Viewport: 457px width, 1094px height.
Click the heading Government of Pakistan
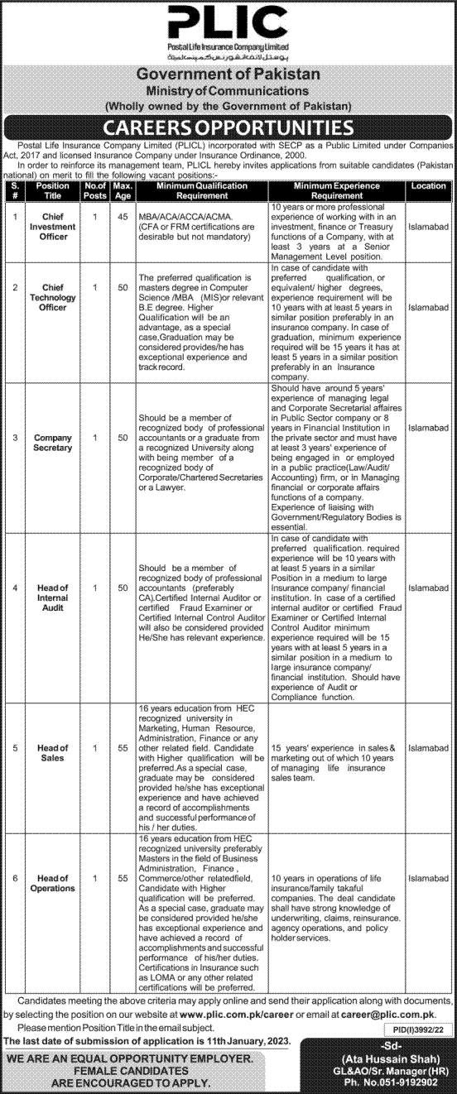click(228, 74)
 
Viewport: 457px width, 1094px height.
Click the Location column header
click(428, 187)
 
